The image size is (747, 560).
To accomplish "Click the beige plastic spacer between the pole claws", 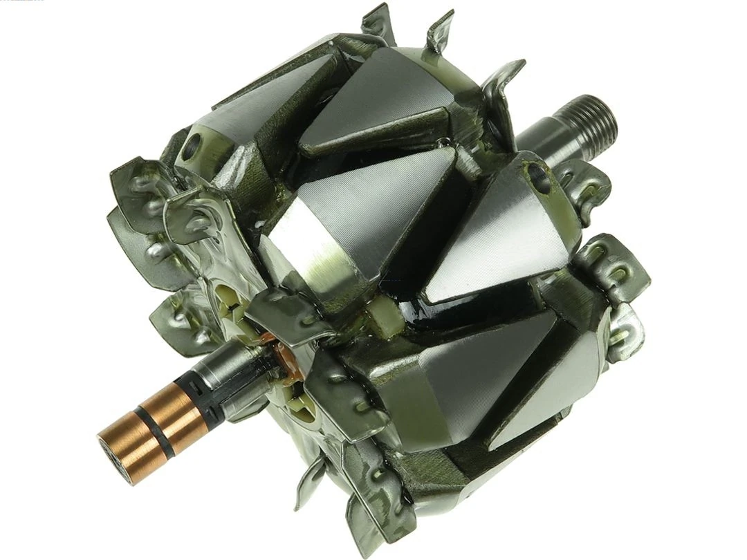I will pyautogui.click(x=384, y=319).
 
